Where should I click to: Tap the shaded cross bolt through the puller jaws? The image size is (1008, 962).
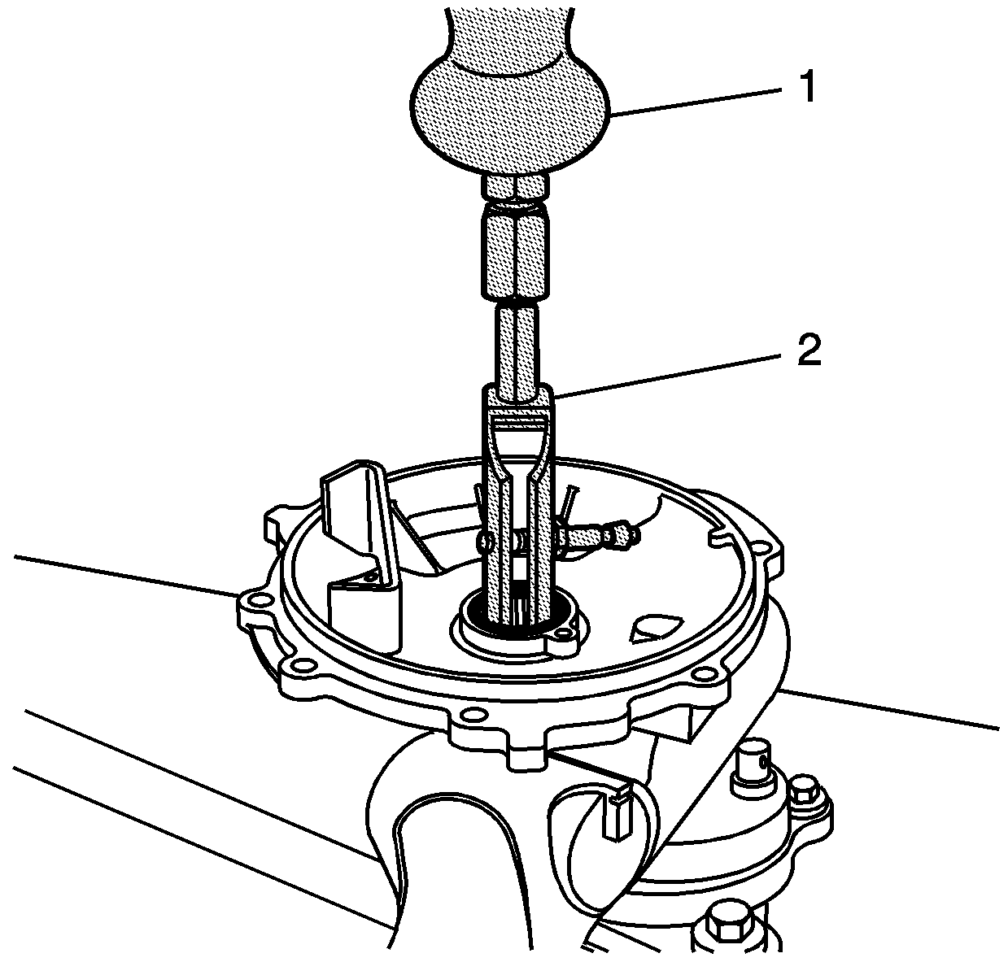(596, 538)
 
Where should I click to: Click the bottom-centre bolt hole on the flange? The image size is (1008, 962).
(470, 715)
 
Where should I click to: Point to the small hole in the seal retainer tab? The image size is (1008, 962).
(561, 633)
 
